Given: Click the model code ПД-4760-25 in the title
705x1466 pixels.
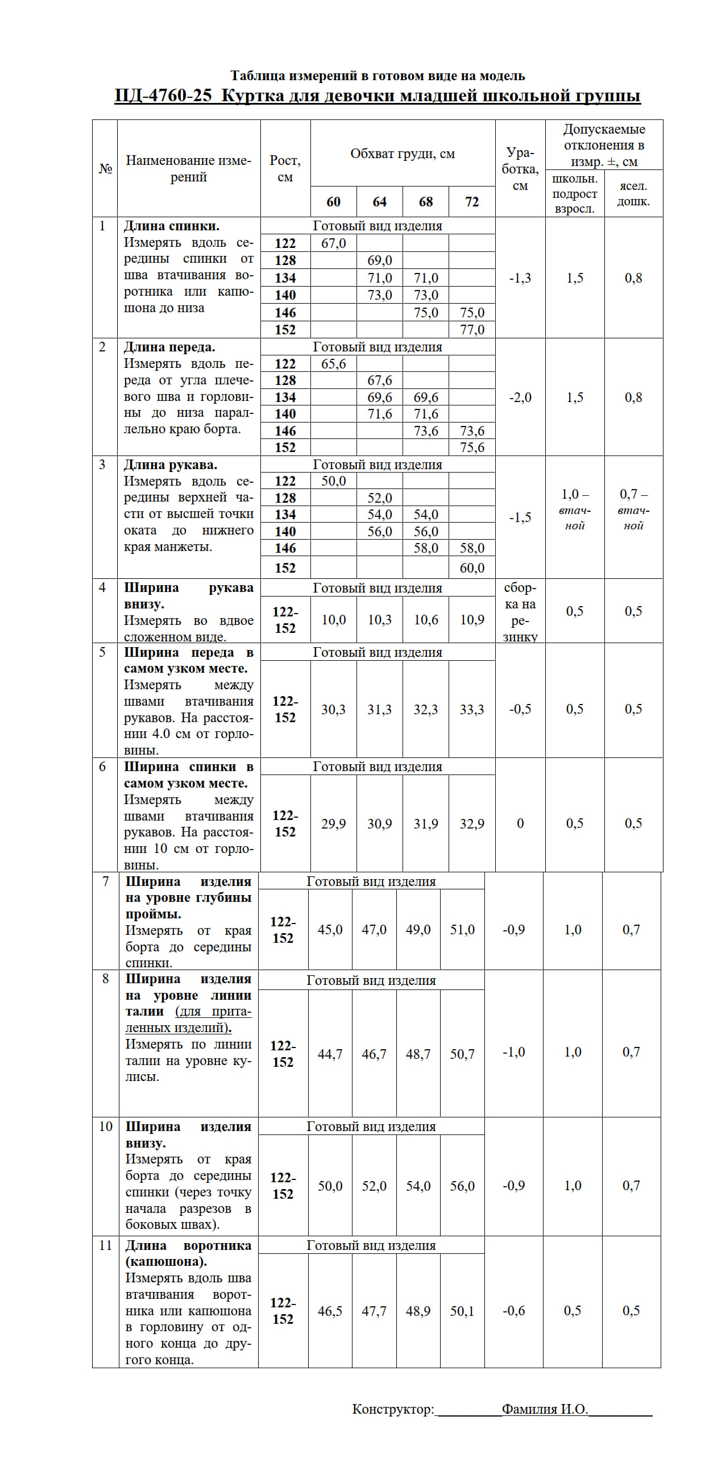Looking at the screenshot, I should pyautogui.click(x=163, y=96).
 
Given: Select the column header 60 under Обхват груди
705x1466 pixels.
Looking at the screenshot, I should pyautogui.click(x=333, y=202).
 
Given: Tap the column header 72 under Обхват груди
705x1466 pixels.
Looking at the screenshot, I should pyautogui.click(x=472, y=202).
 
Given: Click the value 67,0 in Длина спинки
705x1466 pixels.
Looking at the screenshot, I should pyautogui.click(x=333, y=243).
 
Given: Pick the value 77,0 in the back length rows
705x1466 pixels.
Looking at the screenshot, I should pyautogui.click(x=472, y=329).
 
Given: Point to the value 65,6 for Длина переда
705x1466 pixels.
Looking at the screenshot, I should pyautogui.click(x=333, y=363).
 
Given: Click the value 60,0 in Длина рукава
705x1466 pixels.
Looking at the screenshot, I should pyautogui.click(x=472, y=568).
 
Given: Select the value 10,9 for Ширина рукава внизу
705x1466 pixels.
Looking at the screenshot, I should pyautogui.click(x=472, y=620).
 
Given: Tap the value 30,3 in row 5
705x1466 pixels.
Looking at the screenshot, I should pyautogui.click(x=333, y=710).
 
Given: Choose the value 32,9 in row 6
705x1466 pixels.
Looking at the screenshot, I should pyautogui.click(x=472, y=824).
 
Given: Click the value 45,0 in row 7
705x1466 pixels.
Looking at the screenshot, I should pyautogui.click(x=330, y=930).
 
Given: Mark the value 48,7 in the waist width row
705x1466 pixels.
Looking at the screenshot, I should pyautogui.click(x=418, y=1054).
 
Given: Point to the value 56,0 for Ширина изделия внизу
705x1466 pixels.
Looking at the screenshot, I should pyautogui.click(x=462, y=1187).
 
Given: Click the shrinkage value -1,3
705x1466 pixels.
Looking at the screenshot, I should pyautogui.click(x=520, y=278).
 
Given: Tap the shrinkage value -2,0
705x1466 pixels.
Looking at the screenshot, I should pyautogui.click(x=520, y=397).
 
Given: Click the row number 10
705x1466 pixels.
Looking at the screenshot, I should pyautogui.click(x=106, y=1127).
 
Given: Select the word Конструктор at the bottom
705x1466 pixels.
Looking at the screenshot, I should pyautogui.click(x=393, y=1409).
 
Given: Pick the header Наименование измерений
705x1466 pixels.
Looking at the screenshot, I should pyautogui.click(x=188, y=168).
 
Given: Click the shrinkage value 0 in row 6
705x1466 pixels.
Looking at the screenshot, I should pyautogui.click(x=520, y=823).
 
